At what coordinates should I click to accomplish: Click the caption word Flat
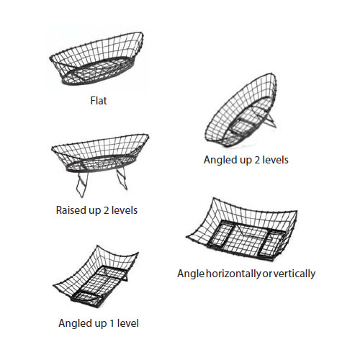coord(99,101)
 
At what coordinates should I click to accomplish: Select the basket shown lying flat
coord(96,59)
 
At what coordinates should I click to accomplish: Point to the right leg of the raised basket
coord(122,178)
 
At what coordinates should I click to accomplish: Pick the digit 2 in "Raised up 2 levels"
coord(106,210)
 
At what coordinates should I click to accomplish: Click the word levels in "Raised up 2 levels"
coord(125,210)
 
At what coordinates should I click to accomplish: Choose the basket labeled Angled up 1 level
coord(96,276)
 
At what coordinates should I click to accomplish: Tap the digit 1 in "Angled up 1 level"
coord(112,323)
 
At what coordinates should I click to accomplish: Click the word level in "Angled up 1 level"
coord(127,323)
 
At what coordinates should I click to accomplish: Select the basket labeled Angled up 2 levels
coord(240,110)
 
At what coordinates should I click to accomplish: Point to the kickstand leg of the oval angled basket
coord(270,120)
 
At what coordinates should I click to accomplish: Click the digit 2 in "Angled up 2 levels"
coord(257,160)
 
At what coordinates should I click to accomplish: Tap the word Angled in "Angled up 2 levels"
coord(219,161)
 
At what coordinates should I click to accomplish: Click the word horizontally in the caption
coord(233,274)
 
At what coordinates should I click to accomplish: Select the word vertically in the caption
coord(294,274)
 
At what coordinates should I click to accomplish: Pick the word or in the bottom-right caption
coord(267,274)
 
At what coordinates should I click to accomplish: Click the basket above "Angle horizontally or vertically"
coord(242,230)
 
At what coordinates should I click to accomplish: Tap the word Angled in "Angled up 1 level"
coord(74,324)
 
